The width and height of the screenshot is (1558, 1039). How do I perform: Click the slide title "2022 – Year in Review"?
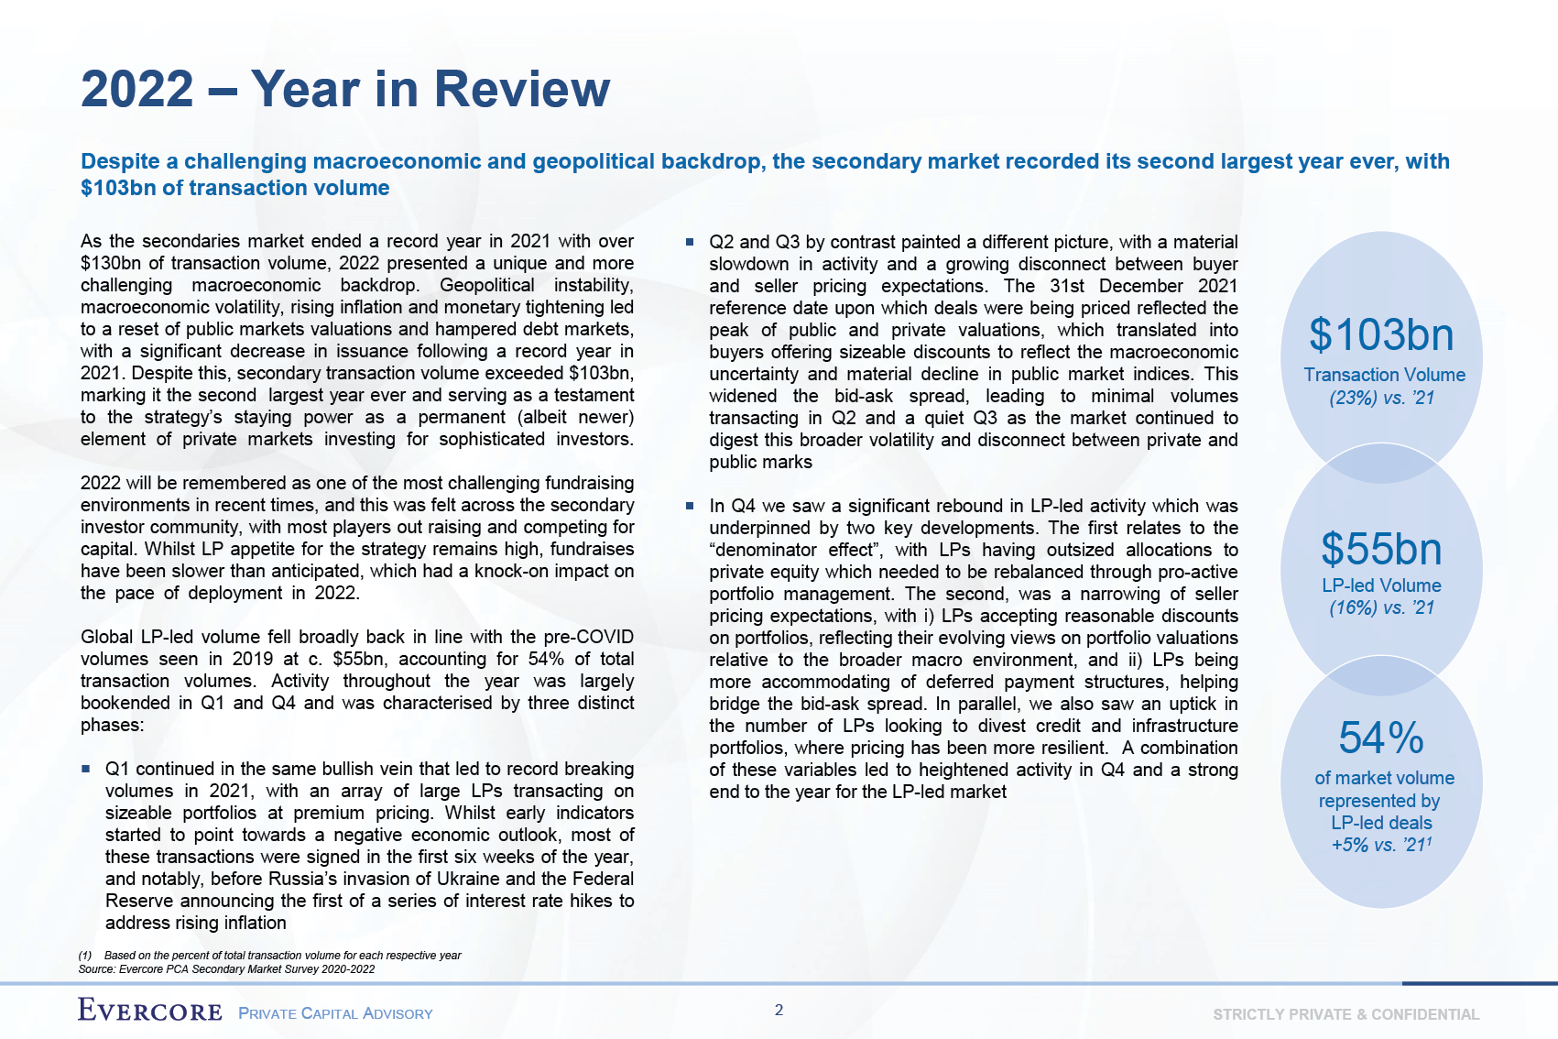click(x=345, y=89)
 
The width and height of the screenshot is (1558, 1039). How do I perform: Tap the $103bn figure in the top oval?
click(x=1381, y=334)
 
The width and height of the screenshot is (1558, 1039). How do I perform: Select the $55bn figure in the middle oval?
click(x=1381, y=549)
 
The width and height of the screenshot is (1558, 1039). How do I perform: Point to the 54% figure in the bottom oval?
click(x=1381, y=738)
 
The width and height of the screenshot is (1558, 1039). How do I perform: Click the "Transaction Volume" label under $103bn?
click(x=1384, y=375)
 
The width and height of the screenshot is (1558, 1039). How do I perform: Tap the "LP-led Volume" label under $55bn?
click(x=1381, y=585)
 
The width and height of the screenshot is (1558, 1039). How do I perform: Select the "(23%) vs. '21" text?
click(x=1381, y=398)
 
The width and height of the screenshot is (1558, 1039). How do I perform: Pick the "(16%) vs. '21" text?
click(x=1381, y=607)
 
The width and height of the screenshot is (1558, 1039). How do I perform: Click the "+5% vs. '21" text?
click(x=1380, y=845)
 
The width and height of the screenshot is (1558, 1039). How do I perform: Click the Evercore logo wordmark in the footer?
click(x=150, y=1011)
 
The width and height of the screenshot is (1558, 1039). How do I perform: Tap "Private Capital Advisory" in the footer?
click(x=335, y=1013)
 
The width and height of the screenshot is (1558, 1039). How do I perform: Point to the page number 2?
click(x=779, y=1010)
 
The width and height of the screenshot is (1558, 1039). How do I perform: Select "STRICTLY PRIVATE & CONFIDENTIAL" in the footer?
click(x=1346, y=1014)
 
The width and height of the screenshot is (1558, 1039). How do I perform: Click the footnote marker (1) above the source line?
click(x=85, y=956)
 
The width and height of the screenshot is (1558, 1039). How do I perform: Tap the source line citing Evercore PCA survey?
click(x=226, y=968)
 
